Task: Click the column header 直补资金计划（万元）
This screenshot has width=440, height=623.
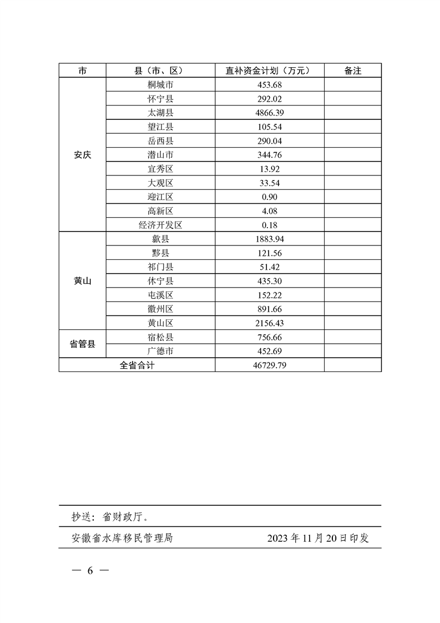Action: tap(270, 71)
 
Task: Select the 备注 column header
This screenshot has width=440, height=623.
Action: tap(353, 71)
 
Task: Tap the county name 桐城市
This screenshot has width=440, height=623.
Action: tap(160, 85)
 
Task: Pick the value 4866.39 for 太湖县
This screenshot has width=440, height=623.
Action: tap(270, 113)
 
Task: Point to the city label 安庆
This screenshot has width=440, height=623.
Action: tap(82, 155)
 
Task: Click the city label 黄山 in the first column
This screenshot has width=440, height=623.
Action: tap(82, 281)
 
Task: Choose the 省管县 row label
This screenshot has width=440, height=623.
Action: tap(82, 344)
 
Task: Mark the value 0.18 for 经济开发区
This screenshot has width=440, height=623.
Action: tap(270, 225)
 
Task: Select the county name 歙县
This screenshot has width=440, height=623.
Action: tap(160, 239)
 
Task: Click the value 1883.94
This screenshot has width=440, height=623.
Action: tap(270, 239)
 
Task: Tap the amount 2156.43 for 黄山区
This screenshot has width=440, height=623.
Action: tap(270, 323)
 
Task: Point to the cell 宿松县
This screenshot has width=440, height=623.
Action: tap(160, 337)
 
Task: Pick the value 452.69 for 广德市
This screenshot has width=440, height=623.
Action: tap(270, 351)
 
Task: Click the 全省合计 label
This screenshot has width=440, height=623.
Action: tap(137, 365)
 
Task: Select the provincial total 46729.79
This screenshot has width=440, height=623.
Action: tap(270, 365)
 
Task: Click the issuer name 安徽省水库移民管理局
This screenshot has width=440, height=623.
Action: tap(122, 538)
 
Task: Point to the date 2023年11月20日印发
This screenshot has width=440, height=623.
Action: tap(318, 538)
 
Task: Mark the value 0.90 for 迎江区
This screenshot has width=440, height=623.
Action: tap(270, 197)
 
